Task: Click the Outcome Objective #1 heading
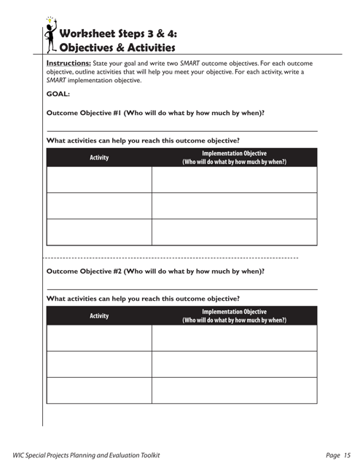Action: (x=155, y=113)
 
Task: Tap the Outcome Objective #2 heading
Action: (x=155, y=271)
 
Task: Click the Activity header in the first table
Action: (x=99, y=157)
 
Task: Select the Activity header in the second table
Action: (x=99, y=316)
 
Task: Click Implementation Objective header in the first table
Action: (x=234, y=157)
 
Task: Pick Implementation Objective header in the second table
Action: (x=234, y=316)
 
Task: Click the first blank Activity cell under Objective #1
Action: (x=99, y=179)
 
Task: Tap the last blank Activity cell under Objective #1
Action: (x=99, y=232)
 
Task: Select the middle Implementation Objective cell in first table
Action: (x=234, y=205)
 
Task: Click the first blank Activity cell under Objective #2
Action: (x=99, y=338)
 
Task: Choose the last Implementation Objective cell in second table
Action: (x=234, y=390)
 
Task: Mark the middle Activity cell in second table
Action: (x=99, y=363)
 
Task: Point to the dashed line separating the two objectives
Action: (x=171, y=258)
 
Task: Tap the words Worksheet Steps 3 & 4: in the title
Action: (x=118, y=33)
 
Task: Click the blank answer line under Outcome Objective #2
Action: (x=181, y=289)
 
